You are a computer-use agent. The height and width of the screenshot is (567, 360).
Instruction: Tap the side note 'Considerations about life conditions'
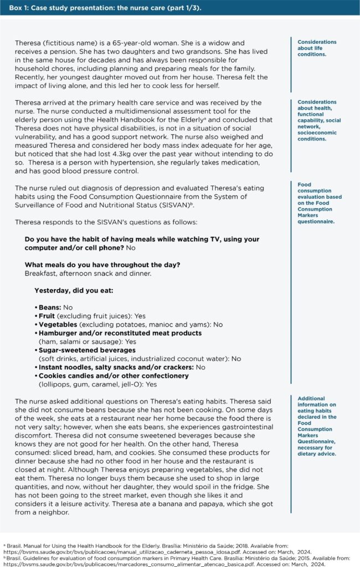pyautogui.click(x=316, y=48)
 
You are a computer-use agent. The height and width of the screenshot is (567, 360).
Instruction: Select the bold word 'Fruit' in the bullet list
pyautogui.click(x=48, y=316)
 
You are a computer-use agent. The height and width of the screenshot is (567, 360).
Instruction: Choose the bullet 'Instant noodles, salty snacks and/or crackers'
pyautogui.click(x=108, y=367)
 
